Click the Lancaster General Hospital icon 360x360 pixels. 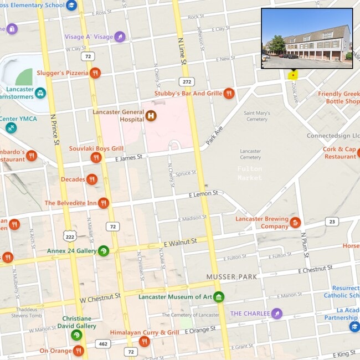(x=151, y=116)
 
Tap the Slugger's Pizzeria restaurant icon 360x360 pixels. (x=96, y=73)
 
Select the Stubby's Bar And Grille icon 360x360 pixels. (x=229, y=93)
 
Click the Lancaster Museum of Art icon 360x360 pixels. (x=219, y=297)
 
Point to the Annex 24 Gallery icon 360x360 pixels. (x=104, y=251)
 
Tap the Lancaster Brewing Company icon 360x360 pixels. (x=295, y=223)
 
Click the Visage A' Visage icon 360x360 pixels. (x=120, y=37)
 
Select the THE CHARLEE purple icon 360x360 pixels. (x=277, y=313)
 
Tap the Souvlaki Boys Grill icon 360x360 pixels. (x=96, y=158)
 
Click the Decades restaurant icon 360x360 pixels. (x=92, y=179)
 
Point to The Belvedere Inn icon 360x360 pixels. (x=103, y=203)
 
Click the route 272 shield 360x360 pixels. (x=187, y=82)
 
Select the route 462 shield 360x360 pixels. (x=102, y=344)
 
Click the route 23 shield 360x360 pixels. (x=331, y=222)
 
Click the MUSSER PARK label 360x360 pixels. (x=232, y=276)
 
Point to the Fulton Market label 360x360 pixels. (x=250, y=173)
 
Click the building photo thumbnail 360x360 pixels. (x=307, y=38)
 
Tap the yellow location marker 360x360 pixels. (x=292, y=75)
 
